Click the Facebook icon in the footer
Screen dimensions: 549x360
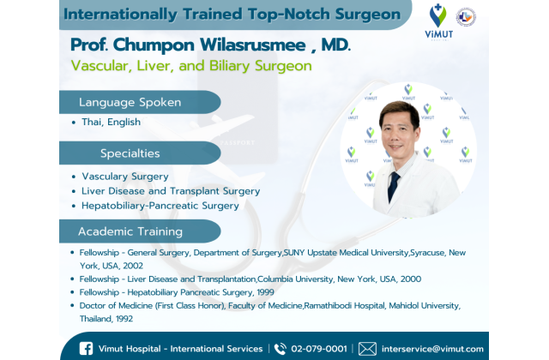coord(86,349)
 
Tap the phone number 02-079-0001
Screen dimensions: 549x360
coord(319,349)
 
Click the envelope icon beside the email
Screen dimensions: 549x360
coord(368,349)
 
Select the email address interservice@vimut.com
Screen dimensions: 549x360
coord(432,349)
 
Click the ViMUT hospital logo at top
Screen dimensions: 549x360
coord(438,21)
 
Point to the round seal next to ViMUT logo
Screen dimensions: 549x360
coord(466,17)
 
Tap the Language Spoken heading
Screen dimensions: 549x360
coord(130,102)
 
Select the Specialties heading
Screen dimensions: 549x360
coord(130,153)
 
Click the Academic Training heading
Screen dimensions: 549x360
coord(130,231)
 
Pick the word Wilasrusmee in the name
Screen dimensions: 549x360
coord(253,45)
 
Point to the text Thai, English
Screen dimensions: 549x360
coord(111,122)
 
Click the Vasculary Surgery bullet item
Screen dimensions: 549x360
coord(125,177)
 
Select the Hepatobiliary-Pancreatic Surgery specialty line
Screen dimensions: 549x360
coord(160,206)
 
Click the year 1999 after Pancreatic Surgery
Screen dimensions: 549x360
coord(265,292)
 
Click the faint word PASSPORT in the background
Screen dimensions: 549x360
coord(238,143)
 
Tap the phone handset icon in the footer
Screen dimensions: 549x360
coord(281,349)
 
